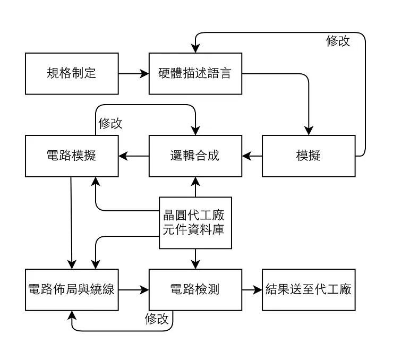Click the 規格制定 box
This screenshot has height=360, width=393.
[x=72, y=74]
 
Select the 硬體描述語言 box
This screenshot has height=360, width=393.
[x=195, y=74]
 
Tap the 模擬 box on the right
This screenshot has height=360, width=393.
[x=309, y=156]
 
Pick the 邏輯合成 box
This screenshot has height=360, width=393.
[x=195, y=156]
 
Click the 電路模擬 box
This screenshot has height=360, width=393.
[x=72, y=156]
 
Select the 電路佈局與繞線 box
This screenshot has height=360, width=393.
[x=72, y=290]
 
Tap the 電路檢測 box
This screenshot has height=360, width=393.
[x=195, y=290]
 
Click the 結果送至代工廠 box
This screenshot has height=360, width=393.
[x=309, y=290]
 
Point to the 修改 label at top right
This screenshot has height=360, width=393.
[x=338, y=41]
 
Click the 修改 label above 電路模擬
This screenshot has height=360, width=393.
[x=110, y=124]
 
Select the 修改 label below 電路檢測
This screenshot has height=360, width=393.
[x=157, y=319]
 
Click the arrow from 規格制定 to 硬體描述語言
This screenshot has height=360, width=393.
[x=134, y=74]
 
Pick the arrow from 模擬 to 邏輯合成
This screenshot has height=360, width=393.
[x=252, y=156]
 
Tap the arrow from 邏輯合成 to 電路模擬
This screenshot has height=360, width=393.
[x=134, y=156]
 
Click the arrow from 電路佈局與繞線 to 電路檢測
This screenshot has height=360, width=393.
[x=134, y=290]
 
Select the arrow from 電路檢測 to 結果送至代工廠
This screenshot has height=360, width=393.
[x=252, y=290]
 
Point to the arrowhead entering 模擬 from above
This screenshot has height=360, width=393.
[x=309, y=131]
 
